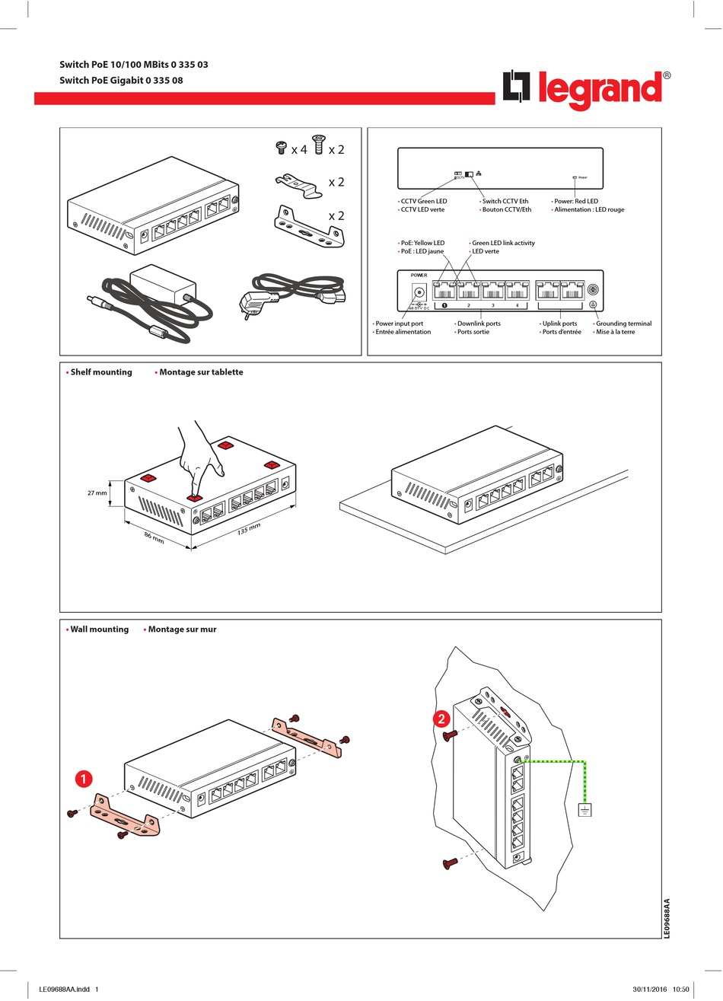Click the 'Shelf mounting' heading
101,372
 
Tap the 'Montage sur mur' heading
182,630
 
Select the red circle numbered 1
83,779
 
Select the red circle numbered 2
441,718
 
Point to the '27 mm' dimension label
97,493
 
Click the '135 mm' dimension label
248,528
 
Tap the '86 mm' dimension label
154,537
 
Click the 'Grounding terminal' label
623,324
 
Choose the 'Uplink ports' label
559,324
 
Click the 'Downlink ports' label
479,324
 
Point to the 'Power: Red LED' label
576,201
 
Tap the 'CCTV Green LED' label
424,201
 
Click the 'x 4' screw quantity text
299,150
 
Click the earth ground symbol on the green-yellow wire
584,809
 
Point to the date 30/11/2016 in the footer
649,990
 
